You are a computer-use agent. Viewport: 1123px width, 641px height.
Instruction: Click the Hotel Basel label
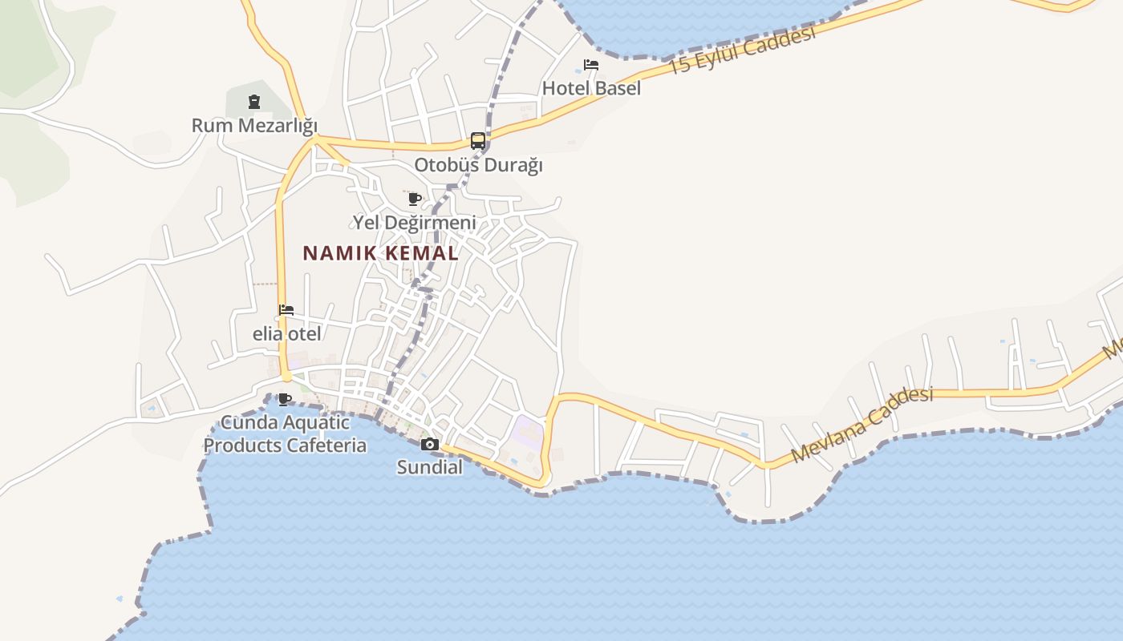pyautogui.click(x=591, y=88)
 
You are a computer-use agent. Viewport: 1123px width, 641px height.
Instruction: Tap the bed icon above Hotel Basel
pyautogui.click(x=591, y=65)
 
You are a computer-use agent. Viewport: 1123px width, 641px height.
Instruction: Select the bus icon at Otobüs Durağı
pyautogui.click(x=478, y=142)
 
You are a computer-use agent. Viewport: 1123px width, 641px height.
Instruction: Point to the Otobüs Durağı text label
pyautogui.click(x=478, y=165)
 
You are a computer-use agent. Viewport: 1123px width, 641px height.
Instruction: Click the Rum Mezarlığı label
pyautogui.click(x=254, y=126)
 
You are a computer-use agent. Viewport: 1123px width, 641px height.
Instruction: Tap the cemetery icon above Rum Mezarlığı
pyautogui.click(x=254, y=102)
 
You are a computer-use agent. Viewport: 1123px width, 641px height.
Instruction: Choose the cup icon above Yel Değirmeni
pyautogui.click(x=415, y=199)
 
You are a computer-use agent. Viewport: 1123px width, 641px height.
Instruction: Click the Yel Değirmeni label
pyautogui.click(x=415, y=222)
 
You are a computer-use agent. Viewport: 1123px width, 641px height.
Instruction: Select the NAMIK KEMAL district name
pyautogui.click(x=380, y=254)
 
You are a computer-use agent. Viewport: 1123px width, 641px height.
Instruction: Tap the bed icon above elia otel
pyautogui.click(x=286, y=310)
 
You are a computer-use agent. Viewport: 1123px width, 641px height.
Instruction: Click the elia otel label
pyautogui.click(x=286, y=334)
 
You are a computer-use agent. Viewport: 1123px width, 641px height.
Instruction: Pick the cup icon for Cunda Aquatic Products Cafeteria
pyautogui.click(x=284, y=399)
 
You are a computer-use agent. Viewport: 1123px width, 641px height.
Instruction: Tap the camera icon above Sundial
pyautogui.click(x=430, y=444)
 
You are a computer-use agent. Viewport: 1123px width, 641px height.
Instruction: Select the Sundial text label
pyautogui.click(x=430, y=467)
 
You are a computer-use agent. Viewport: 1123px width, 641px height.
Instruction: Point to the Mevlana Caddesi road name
pyautogui.click(x=862, y=425)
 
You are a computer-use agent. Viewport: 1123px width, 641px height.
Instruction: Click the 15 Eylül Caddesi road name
pyautogui.click(x=741, y=50)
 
